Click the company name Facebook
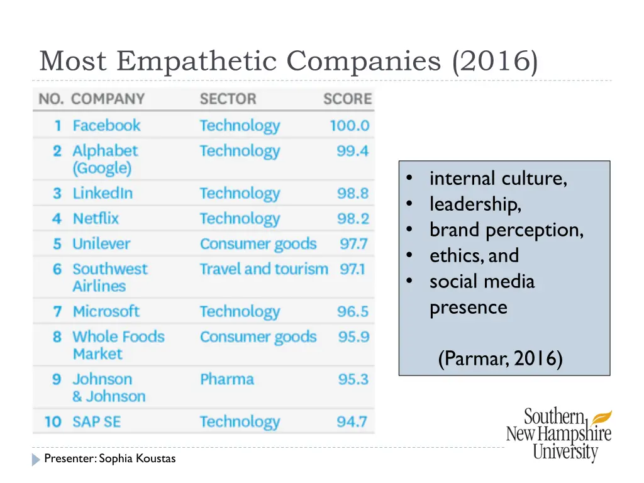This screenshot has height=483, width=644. pyautogui.click(x=106, y=125)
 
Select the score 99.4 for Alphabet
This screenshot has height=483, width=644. pyautogui.click(x=352, y=151)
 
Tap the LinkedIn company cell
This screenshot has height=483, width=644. pyautogui.click(x=103, y=193)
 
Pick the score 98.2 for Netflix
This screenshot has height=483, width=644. pyautogui.click(x=352, y=218)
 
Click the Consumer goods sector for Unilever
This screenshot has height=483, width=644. pyautogui.click(x=258, y=243)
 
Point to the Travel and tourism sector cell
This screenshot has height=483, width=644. pyautogui.click(x=264, y=269)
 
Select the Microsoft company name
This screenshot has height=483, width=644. pyautogui.click(x=106, y=311)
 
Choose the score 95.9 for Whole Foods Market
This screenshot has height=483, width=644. pyautogui.click(x=353, y=337)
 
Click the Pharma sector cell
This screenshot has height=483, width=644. pyautogui.click(x=226, y=379)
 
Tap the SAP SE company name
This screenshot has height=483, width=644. pyautogui.click(x=96, y=421)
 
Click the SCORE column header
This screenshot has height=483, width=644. pyautogui.click(x=347, y=99)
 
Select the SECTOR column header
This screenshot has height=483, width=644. pyautogui.click(x=228, y=99)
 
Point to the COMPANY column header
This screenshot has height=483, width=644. pyautogui.click(x=108, y=99)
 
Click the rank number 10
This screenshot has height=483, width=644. pyautogui.click(x=53, y=421)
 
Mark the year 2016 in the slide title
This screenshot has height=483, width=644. pyautogui.click(x=494, y=62)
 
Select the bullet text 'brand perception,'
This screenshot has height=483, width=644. pyautogui.click(x=506, y=230)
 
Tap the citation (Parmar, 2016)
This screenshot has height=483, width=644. pyautogui.click(x=500, y=359)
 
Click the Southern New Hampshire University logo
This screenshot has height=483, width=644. pyautogui.click(x=559, y=434)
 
